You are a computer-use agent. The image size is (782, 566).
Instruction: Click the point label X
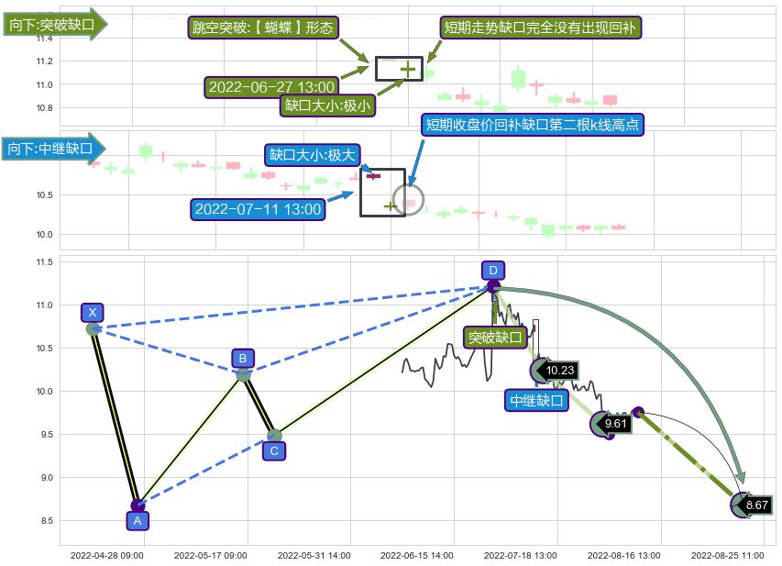pyautogui.click(x=92, y=313)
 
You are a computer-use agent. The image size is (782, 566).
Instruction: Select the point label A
pyautogui.click(x=137, y=520)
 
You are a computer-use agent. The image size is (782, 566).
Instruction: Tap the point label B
pyautogui.click(x=243, y=358)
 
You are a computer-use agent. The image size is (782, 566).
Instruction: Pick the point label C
pyautogui.click(x=274, y=450)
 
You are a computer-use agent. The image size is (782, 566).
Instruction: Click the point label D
pyautogui.click(x=493, y=270)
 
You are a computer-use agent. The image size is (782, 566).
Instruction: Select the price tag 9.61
pyautogui.click(x=615, y=424)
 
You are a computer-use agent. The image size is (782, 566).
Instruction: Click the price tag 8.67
pyautogui.click(x=756, y=505)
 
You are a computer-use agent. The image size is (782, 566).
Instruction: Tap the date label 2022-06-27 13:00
pyautogui.click(x=271, y=87)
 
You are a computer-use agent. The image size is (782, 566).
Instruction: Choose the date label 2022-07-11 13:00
pyautogui.click(x=259, y=209)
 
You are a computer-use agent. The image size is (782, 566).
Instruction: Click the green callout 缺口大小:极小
pyautogui.click(x=328, y=105)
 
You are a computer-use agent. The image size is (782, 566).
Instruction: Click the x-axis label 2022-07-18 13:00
pyautogui.click(x=521, y=555)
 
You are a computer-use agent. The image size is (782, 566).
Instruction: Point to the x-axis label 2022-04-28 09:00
pyautogui.click(x=106, y=555)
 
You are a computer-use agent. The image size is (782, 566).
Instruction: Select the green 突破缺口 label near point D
pyautogui.click(x=495, y=338)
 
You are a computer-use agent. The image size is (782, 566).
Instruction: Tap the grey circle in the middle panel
pyautogui.click(x=408, y=199)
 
